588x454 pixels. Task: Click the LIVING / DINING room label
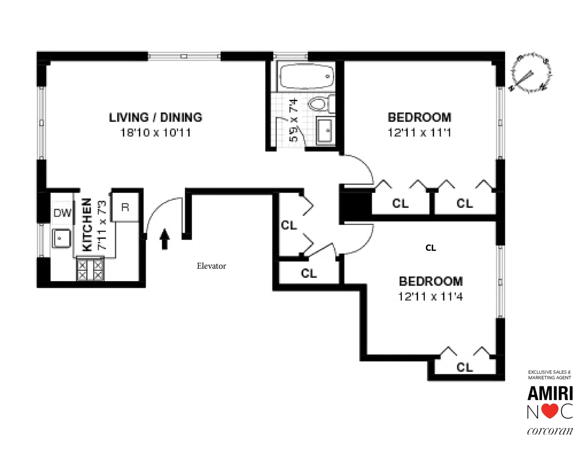(x=155, y=118)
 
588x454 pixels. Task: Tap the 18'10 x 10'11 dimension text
(x=155, y=133)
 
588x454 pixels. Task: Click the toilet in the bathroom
(x=321, y=104)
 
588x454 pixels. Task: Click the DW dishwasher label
(x=62, y=213)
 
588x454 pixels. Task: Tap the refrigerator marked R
(x=125, y=207)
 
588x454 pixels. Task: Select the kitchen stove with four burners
(x=91, y=269)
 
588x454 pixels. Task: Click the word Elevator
(x=211, y=266)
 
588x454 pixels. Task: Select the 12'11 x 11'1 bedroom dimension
(x=419, y=133)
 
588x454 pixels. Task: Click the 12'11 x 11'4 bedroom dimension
(x=430, y=297)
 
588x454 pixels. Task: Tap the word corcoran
(x=549, y=432)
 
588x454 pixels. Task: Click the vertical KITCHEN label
(x=87, y=225)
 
